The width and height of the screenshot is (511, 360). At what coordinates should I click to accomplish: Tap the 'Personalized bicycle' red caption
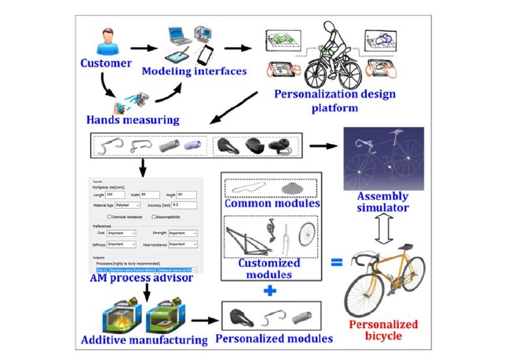383,330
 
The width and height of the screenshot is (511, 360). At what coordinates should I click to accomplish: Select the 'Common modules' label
270,203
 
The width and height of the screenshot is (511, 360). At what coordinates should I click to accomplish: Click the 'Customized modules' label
269,269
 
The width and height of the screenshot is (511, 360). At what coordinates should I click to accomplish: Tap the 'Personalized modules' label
274,338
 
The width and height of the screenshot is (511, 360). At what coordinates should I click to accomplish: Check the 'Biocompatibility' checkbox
154,216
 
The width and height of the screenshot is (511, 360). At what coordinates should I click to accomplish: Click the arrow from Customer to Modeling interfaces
144,47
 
